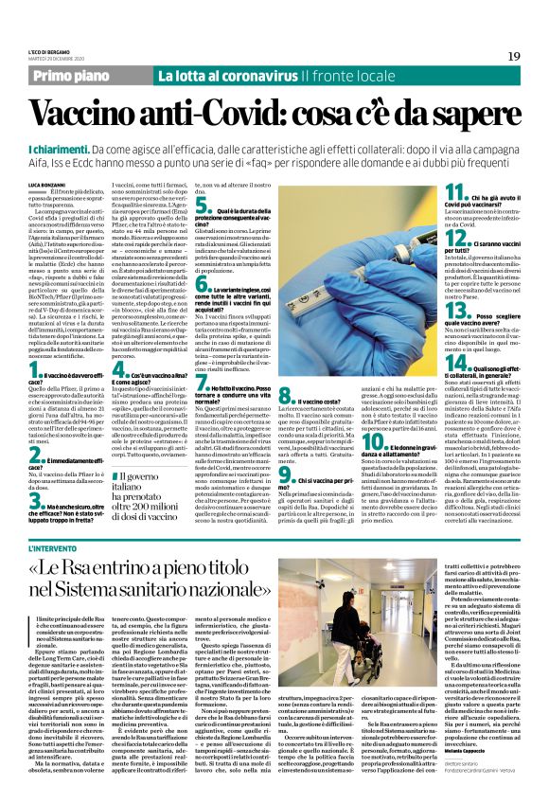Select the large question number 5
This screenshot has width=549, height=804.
[201, 202]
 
